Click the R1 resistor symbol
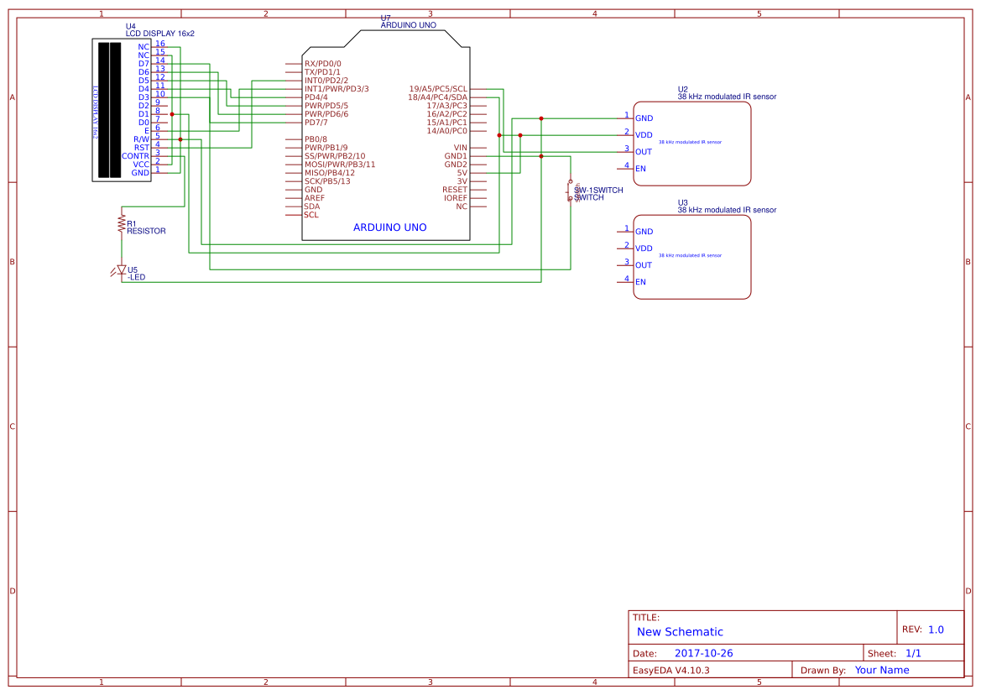pyautogui.click(x=122, y=223)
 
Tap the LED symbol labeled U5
pyautogui.click(x=122, y=270)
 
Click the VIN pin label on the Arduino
pyautogui.click(x=460, y=148)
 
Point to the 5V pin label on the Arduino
pyautogui.click(x=462, y=173)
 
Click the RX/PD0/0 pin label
pyautogui.click(x=322, y=64)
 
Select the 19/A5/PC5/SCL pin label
pyautogui.click(x=437, y=89)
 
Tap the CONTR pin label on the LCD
pyautogui.click(x=135, y=156)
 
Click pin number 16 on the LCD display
pyautogui.click(x=159, y=44)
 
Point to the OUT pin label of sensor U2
pyautogui.click(x=644, y=152)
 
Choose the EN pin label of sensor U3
pyautogui.click(x=640, y=282)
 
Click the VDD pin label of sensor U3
pyautogui.click(x=644, y=248)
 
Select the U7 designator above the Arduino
pyautogui.click(x=385, y=18)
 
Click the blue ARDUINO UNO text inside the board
pyautogui.click(x=389, y=227)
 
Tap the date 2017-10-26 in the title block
pyautogui.click(x=703, y=653)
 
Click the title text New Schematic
pyautogui.click(x=680, y=632)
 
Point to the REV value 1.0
pyautogui.click(x=936, y=630)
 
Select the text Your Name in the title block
pyautogui.click(x=882, y=670)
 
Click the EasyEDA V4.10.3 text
pyautogui.click(x=671, y=670)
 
